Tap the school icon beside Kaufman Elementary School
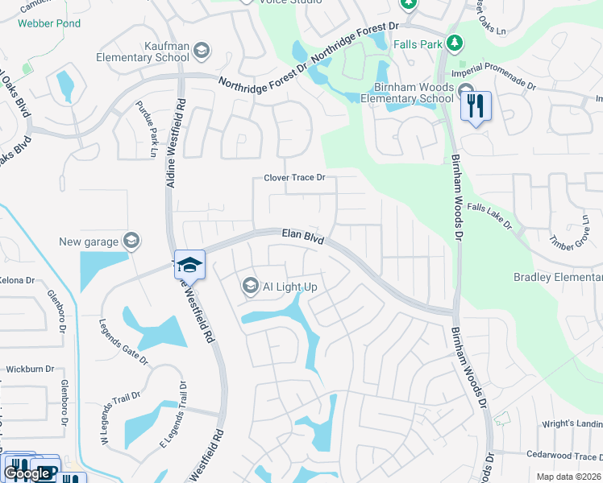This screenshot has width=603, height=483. [x=201, y=52]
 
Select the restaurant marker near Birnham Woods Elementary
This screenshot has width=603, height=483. [x=476, y=105]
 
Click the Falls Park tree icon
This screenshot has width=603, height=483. [x=454, y=41]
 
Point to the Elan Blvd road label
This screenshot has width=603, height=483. [x=302, y=236]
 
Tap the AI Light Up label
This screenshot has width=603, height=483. [x=290, y=287]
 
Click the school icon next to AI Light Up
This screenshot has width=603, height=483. [x=250, y=286]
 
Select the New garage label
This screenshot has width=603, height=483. [x=88, y=242]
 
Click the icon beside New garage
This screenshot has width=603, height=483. [x=131, y=241]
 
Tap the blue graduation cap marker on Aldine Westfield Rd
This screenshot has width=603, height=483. [x=189, y=263]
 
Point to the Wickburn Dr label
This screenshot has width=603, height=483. [x=30, y=369]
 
